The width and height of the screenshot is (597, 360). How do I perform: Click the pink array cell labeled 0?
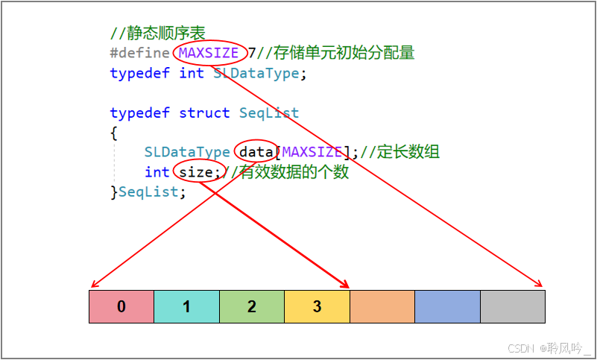121,306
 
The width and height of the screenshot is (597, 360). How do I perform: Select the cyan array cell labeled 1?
187,306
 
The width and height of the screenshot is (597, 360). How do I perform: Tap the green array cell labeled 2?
252,306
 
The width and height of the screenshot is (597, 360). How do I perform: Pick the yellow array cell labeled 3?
318,306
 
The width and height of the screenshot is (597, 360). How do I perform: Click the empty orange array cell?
382,306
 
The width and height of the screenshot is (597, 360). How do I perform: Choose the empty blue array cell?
447,306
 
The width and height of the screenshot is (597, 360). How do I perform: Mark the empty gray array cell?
513,306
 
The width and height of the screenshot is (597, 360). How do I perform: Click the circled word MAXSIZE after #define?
209,53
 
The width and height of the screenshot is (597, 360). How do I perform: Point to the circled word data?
256,152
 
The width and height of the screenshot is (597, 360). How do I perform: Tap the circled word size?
197,172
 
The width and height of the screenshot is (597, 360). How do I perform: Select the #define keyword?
139,54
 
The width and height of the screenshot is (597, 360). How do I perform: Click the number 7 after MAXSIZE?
252,53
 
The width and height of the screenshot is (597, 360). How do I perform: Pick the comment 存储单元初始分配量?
344,53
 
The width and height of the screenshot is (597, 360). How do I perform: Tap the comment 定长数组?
408,152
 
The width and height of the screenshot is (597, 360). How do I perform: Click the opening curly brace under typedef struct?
113,133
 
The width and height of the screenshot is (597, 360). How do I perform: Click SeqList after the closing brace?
149,192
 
